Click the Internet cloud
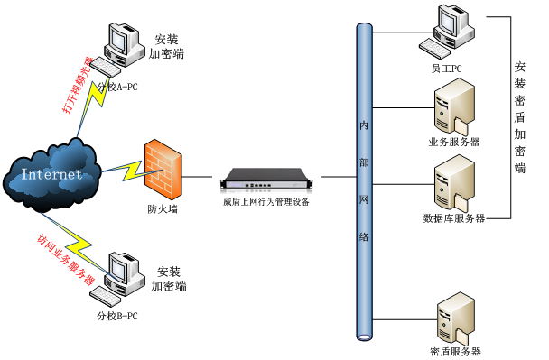pyautogui.click(x=51, y=173)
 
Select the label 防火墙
pyautogui.click(x=163, y=210)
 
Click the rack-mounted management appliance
pyautogui.click(x=267, y=179)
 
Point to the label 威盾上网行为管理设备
pyautogui.click(x=266, y=202)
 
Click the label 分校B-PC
pyautogui.click(x=117, y=316)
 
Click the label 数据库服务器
pyautogui.click(x=454, y=218)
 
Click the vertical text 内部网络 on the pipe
pyautogui.click(x=365, y=180)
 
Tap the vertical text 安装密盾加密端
pyautogui.click(x=520, y=117)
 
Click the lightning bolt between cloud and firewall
pyautogui.click(x=123, y=170)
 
